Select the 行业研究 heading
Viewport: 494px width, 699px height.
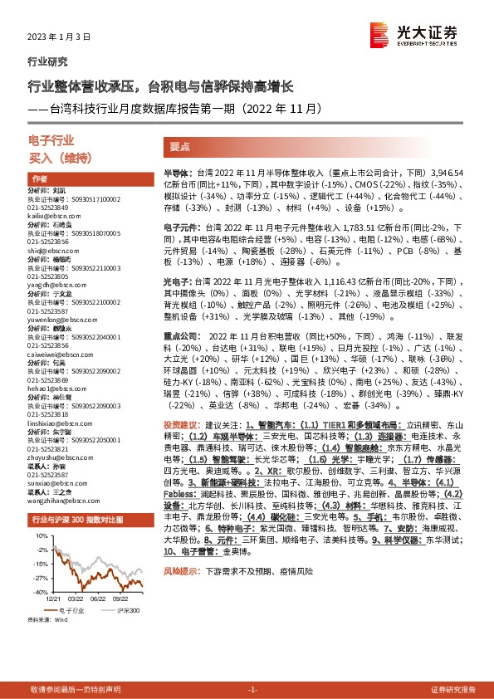48,61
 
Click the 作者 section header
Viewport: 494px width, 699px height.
39,179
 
